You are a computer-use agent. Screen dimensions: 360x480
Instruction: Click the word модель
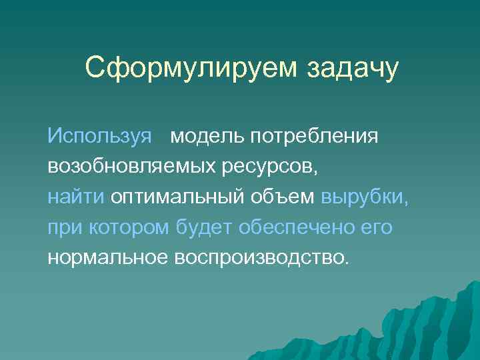(207, 137)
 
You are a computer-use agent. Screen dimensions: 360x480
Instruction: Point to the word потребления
(315, 137)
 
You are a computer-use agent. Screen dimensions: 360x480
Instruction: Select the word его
(375, 228)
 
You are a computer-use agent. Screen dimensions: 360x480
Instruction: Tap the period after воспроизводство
(345, 263)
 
